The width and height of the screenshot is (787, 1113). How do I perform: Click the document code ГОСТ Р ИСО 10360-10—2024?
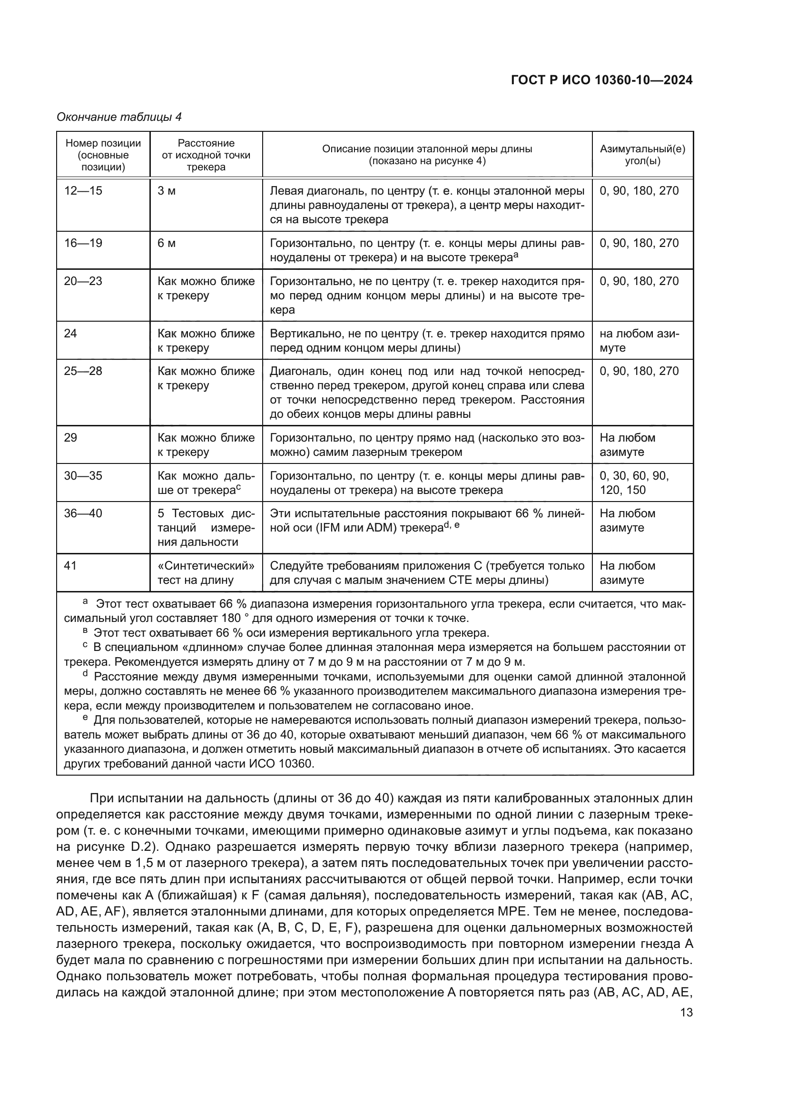(601, 80)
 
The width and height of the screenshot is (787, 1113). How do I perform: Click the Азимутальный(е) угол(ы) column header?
(642, 155)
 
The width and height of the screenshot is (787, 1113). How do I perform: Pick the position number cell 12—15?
(83, 191)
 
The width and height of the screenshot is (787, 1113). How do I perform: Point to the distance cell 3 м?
(167, 191)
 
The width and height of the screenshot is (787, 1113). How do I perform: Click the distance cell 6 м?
(167, 243)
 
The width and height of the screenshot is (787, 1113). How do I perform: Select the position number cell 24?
(71, 334)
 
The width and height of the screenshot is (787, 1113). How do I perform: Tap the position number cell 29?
(71, 438)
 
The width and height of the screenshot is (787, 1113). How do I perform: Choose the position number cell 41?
(71, 566)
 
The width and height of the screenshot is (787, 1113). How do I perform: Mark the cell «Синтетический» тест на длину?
(206, 573)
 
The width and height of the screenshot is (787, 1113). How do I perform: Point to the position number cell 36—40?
(83, 513)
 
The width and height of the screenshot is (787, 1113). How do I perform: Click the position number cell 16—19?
(83, 243)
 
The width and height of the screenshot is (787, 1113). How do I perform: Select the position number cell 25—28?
(83, 371)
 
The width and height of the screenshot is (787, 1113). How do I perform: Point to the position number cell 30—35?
(83, 475)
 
